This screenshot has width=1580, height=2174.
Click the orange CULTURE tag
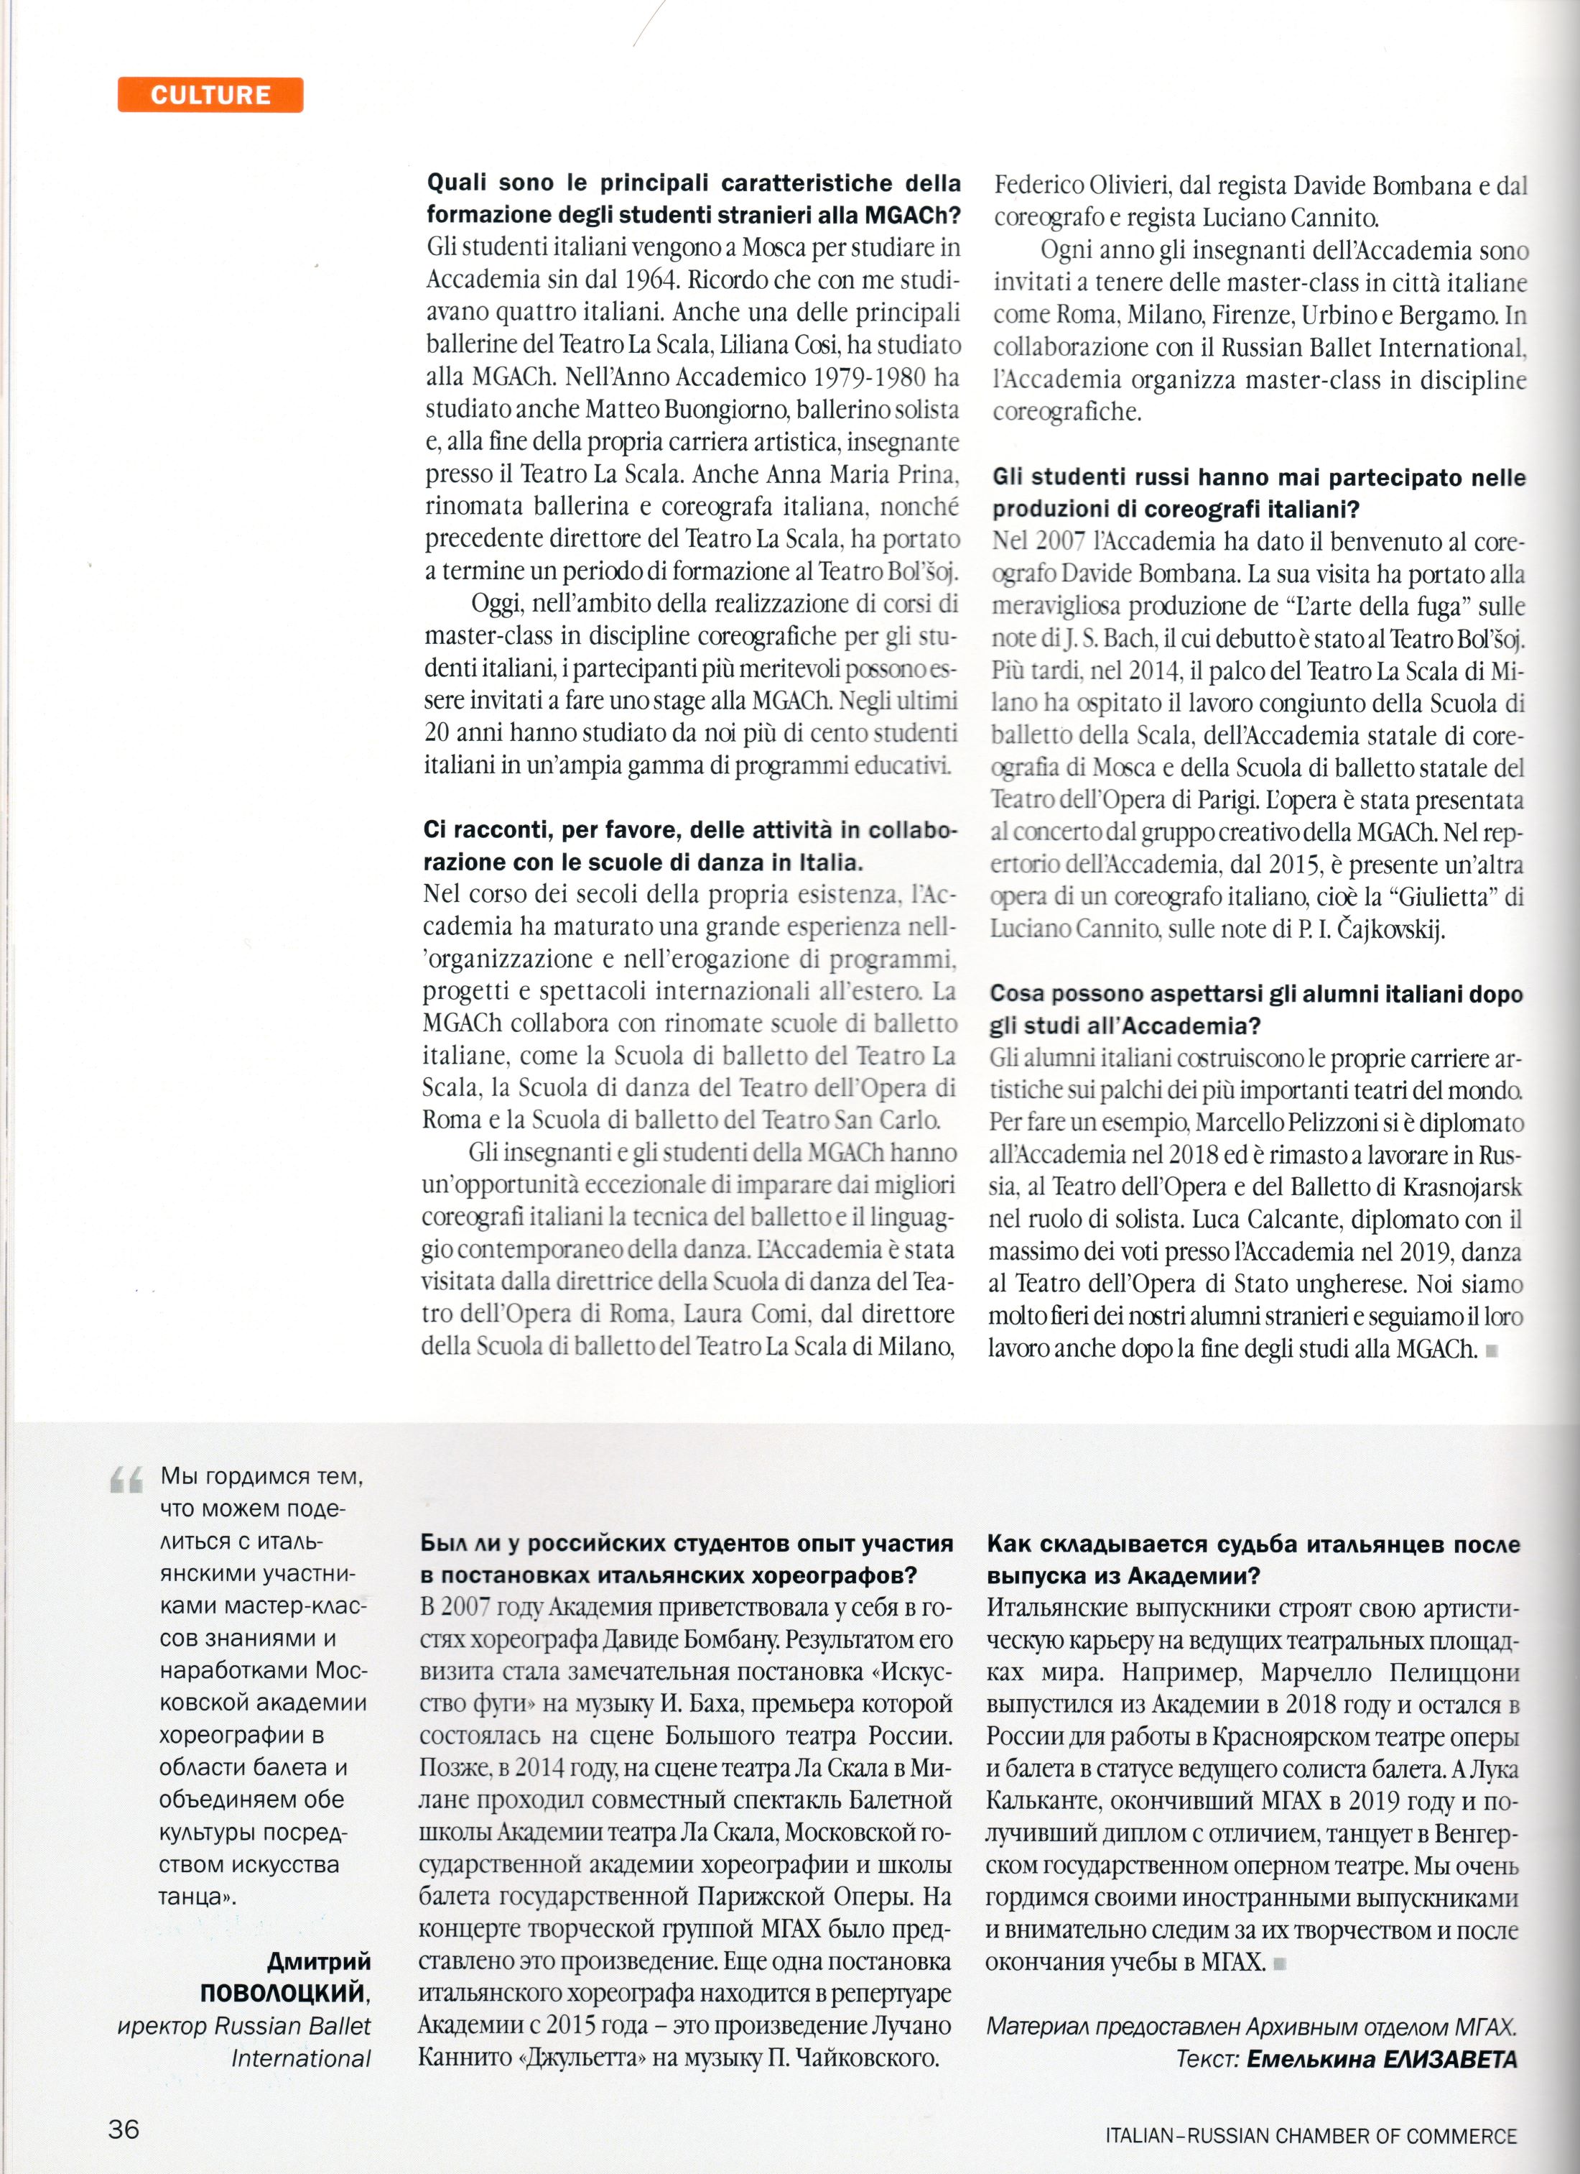click(x=210, y=95)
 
